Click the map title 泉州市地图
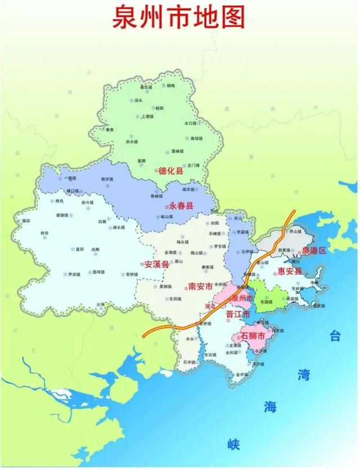[180, 17]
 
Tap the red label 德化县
[172, 170]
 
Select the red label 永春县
[181, 206]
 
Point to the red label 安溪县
[156, 264]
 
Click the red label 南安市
[200, 286]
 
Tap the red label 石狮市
[253, 336]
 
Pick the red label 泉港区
[313, 250]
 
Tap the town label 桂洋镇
[107, 179]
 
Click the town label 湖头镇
[118, 227]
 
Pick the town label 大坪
[101, 305]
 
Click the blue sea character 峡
[233, 444]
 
